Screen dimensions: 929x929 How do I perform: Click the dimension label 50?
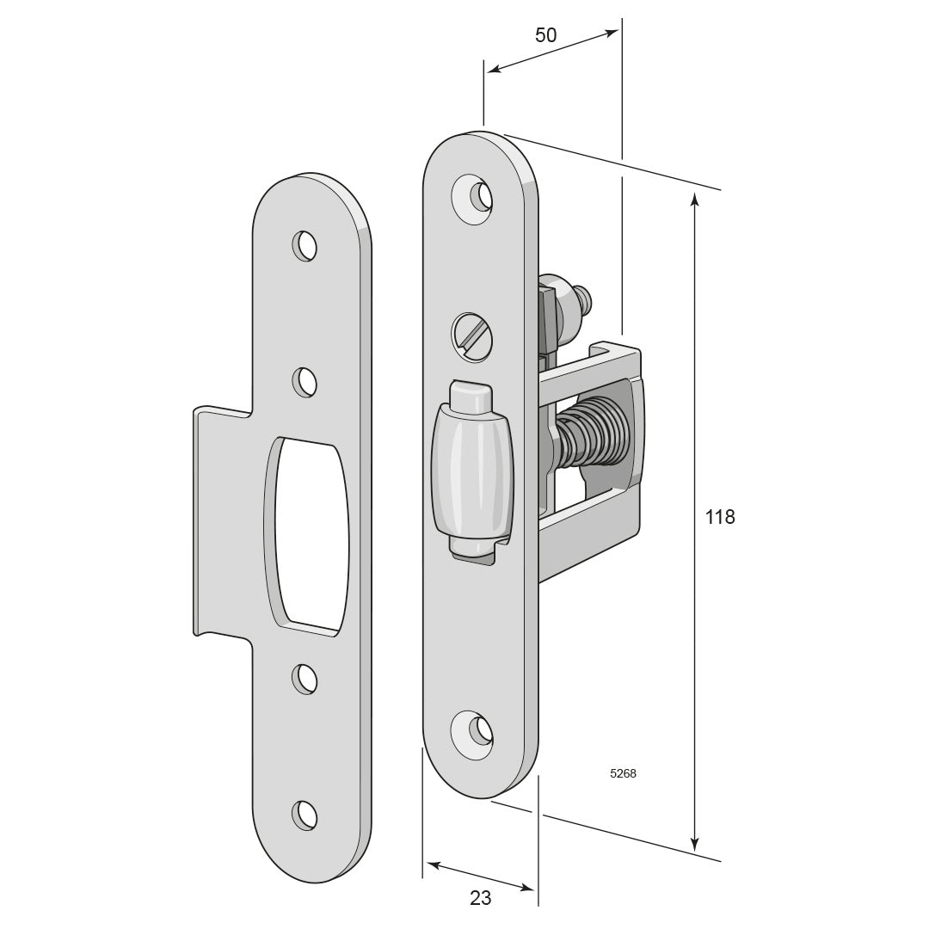click(545, 35)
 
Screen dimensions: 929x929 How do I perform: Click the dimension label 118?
click(720, 517)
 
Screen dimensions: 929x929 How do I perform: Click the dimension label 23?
click(481, 898)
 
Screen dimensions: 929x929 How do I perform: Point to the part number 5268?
click(623, 773)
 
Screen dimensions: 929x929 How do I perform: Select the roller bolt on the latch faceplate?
click(472, 470)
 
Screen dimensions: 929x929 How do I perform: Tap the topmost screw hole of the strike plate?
click(305, 246)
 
